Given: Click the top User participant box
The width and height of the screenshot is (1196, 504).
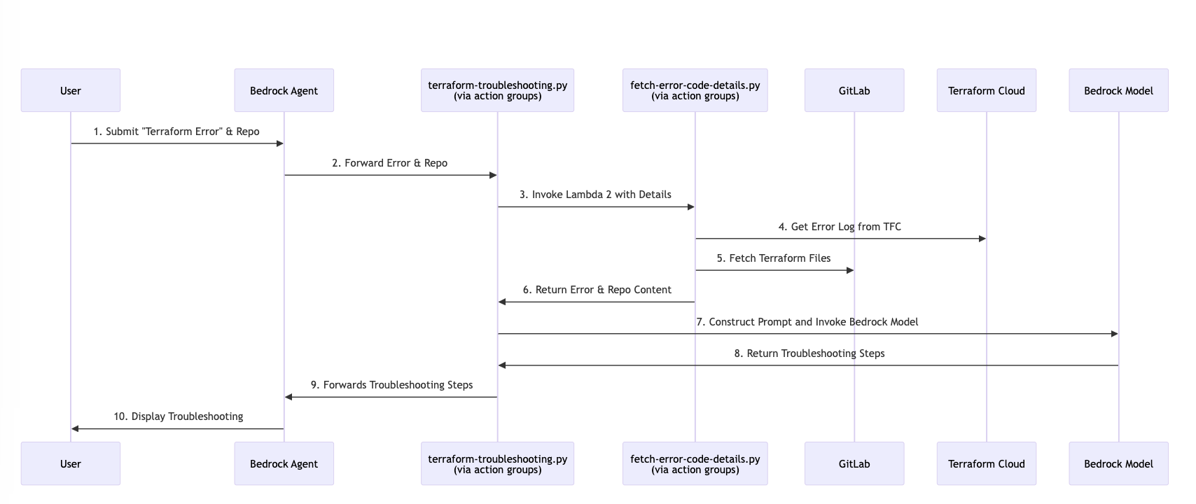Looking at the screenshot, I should tap(70, 90).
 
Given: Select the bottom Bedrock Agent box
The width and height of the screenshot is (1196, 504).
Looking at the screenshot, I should tap(284, 463).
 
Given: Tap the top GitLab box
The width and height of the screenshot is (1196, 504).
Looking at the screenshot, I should tap(854, 90).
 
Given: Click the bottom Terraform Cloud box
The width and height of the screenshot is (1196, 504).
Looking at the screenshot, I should tap(986, 463).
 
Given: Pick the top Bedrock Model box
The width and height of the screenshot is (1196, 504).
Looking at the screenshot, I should tap(1118, 90).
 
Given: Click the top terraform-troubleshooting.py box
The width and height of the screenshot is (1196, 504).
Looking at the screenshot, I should tap(497, 90).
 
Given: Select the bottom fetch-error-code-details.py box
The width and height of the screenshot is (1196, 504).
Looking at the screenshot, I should tap(695, 463).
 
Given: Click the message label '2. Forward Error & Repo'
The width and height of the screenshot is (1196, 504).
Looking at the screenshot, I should tap(389, 163).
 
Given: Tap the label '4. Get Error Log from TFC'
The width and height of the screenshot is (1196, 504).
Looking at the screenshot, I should tap(840, 227).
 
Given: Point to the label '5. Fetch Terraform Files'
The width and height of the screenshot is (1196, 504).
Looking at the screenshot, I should tap(773, 258).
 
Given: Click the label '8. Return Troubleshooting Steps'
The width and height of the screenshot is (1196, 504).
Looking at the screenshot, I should tap(809, 353).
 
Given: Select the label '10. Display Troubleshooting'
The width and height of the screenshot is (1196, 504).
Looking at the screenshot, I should tap(178, 416).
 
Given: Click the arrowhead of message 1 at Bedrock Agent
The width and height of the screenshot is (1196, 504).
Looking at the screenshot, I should tap(279, 143).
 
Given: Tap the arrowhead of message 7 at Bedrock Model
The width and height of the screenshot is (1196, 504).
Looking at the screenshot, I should tap(1114, 334).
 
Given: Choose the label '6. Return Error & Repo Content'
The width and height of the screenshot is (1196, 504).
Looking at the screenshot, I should tap(597, 290).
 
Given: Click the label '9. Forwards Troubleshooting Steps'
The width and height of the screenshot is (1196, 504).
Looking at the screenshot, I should tap(391, 385).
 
